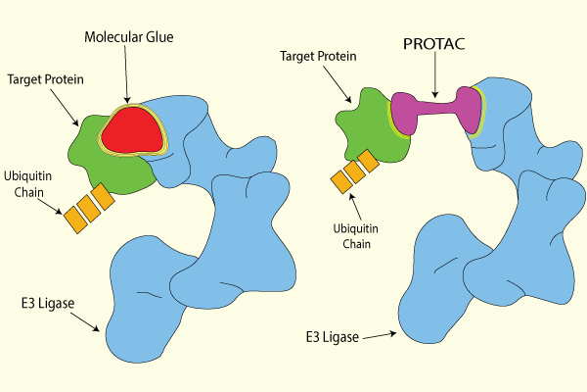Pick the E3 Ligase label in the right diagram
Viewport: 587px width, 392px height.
(x=331, y=337)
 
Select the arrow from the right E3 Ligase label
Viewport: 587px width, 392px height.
(x=377, y=335)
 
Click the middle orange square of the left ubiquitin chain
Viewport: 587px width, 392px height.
(x=89, y=209)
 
